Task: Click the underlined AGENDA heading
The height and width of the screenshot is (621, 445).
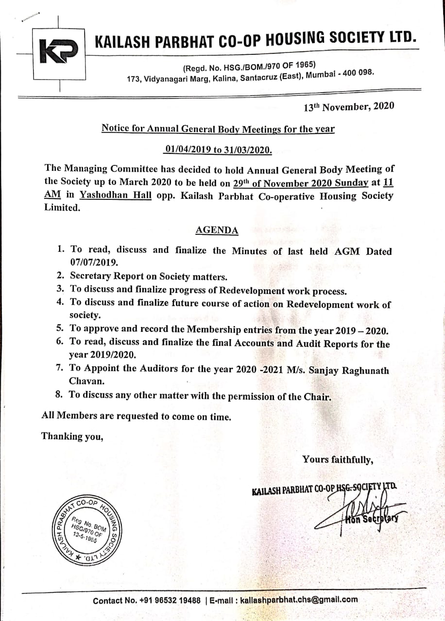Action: (217, 230)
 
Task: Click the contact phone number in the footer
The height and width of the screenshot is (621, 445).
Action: (170, 600)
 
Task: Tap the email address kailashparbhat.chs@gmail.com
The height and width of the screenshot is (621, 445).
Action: (299, 600)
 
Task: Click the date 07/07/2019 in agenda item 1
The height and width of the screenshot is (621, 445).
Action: (94, 262)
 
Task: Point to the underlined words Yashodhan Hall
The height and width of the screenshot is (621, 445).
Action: (116, 196)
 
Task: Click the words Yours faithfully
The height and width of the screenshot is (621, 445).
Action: (337, 459)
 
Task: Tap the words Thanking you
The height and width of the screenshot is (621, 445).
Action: (72, 436)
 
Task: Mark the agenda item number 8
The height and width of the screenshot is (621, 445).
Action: (60, 394)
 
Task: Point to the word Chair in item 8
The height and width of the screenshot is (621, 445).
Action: (319, 397)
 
